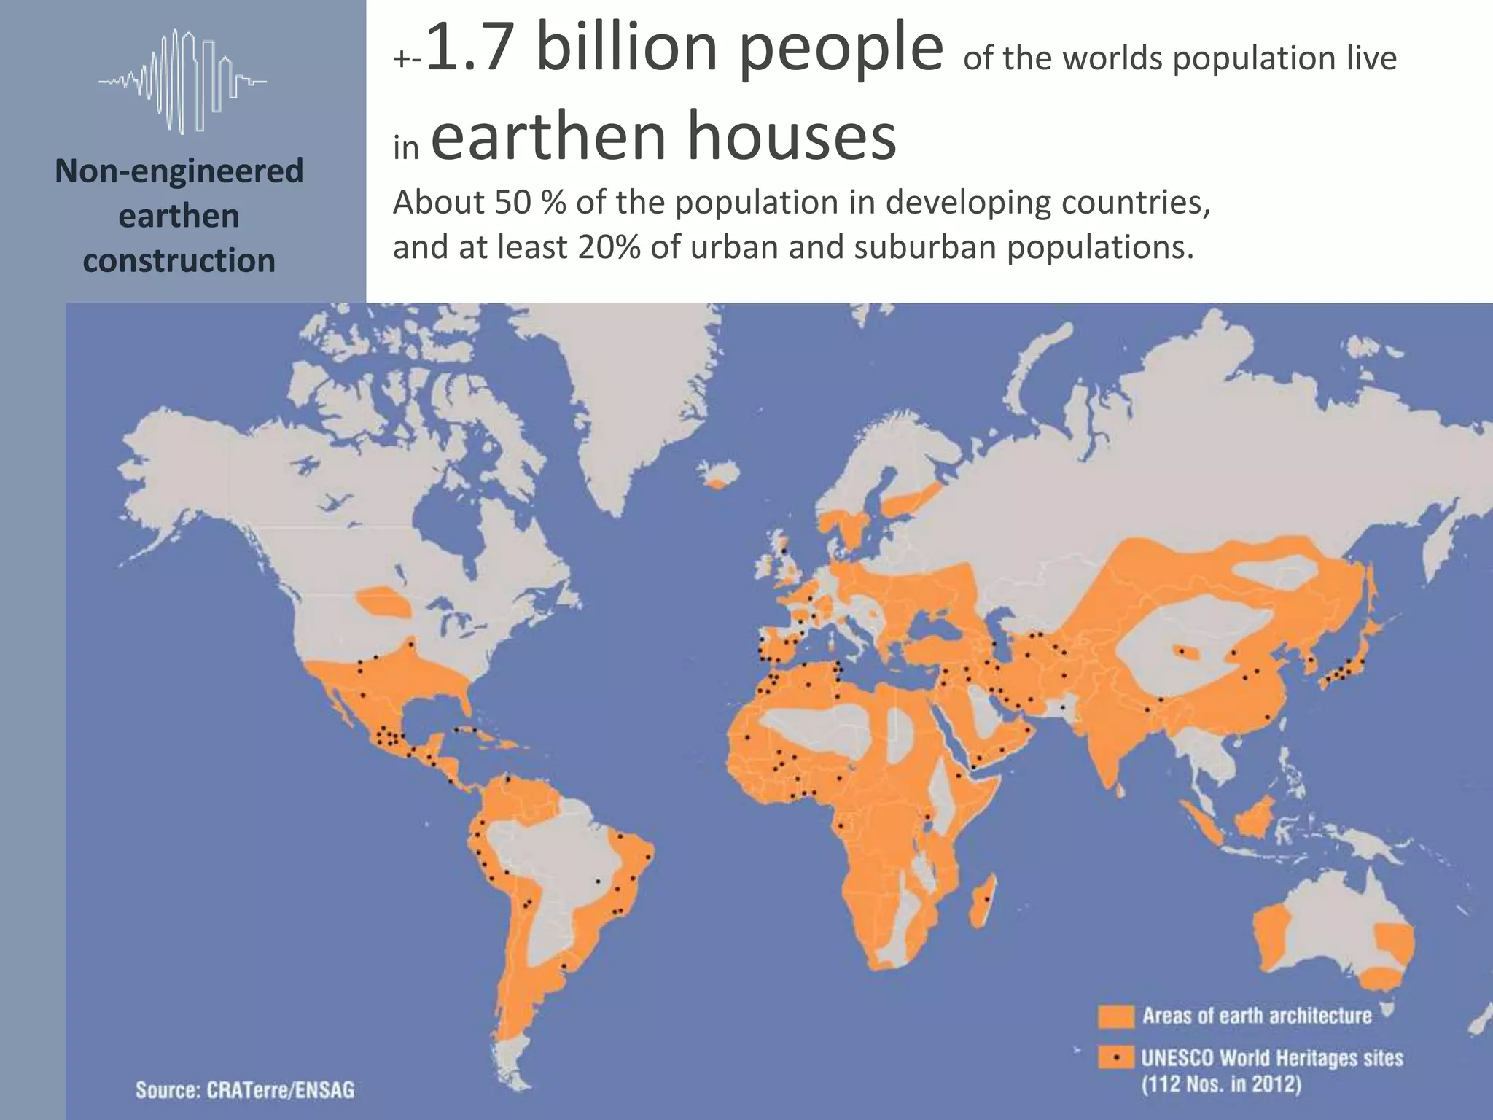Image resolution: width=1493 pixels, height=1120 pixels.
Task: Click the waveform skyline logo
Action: tap(182, 81)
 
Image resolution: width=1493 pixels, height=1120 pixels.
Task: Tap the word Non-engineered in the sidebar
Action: tap(179, 171)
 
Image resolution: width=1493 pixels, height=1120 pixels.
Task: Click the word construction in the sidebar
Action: tap(179, 260)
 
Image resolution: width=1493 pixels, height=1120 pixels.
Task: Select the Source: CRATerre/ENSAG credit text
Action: tap(245, 1089)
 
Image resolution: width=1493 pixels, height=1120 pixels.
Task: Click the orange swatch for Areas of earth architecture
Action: tap(1116, 1016)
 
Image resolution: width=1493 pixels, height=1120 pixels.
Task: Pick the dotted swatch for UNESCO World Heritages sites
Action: tap(1116, 1057)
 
